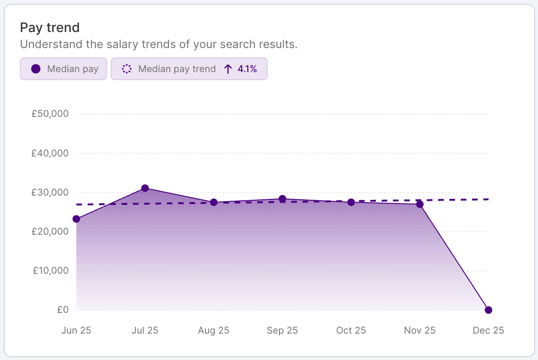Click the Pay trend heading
(x=49, y=28)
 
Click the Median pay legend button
(x=63, y=69)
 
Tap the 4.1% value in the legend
(x=247, y=69)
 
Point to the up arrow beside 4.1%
(x=228, y=69)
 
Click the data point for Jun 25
(x=76, y=219)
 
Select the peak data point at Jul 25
(x=145, y=188)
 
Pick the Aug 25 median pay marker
(x=213, y=202)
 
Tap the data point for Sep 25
(x=282, y=199)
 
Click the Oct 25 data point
(x=351, y=202)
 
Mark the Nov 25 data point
(x=420, y=204)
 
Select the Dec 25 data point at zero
(x=489, y=310)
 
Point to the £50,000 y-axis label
(x=50, y=114)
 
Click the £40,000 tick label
(x=50, y=153)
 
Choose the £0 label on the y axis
(x=63, y=310)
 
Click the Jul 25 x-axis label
(x=145, y=330)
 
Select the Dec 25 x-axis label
(x=489, y=330)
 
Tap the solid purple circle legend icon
(x=35, y=69)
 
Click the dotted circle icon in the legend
(x=126, y=69)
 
